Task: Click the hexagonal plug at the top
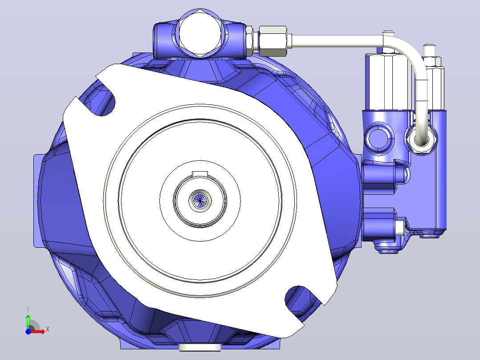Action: pos(199,34)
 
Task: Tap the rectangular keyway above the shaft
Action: pos(200,174)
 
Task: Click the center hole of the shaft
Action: pos(200,200)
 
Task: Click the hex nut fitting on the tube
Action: pos(273,41)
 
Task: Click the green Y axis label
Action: pos(28,310)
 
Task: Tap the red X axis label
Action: pos(48,330)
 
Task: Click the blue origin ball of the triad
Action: pos(28,331)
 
